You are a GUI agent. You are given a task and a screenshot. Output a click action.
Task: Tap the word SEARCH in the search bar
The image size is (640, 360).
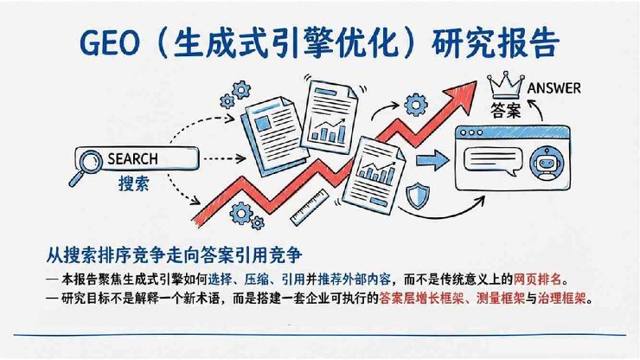click(132, 159)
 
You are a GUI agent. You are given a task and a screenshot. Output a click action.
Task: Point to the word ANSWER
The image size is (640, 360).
click(554, 87)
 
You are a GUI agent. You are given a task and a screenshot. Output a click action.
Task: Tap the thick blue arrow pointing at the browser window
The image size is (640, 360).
click(438, 160)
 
